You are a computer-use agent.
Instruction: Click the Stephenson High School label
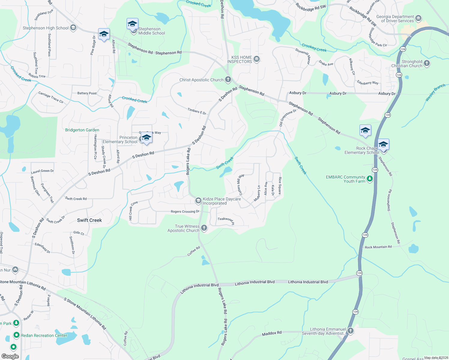click(x=46, y=28)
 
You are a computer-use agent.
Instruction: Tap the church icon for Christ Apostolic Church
click(x=228, y=79)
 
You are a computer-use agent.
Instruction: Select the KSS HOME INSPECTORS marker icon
click(x=257, y=58)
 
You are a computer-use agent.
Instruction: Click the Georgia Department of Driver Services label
click(x=395, y=19)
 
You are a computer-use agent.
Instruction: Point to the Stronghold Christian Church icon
click(x=427, y=63)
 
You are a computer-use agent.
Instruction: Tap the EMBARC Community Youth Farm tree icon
click(x=370, y=179)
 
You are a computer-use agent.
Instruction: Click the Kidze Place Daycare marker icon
click(x=198, y=200)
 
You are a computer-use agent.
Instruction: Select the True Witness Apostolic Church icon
click(x=204, y=228)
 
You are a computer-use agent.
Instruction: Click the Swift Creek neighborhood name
click(x=89, y=220)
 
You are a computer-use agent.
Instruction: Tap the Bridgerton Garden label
click(x=82, y=130)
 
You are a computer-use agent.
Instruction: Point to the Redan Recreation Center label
click(x=44, y=335)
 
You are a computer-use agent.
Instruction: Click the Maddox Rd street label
click(x=272, y=333)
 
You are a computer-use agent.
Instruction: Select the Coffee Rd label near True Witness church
click(x=194, y=251)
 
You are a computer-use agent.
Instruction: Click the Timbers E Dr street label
click(x=197, y=111)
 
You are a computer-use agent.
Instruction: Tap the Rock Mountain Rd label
click(x=378, y=247)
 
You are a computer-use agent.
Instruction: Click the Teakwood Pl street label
click(x=226, y=220)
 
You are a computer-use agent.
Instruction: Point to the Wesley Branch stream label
click(x=435, y=92)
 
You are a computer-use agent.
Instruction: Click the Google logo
click(x=10, y=356)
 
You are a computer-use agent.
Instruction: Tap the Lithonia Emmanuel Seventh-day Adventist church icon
click(x=350, y=331)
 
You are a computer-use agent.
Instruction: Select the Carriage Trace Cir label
click(x=51, y=97)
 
